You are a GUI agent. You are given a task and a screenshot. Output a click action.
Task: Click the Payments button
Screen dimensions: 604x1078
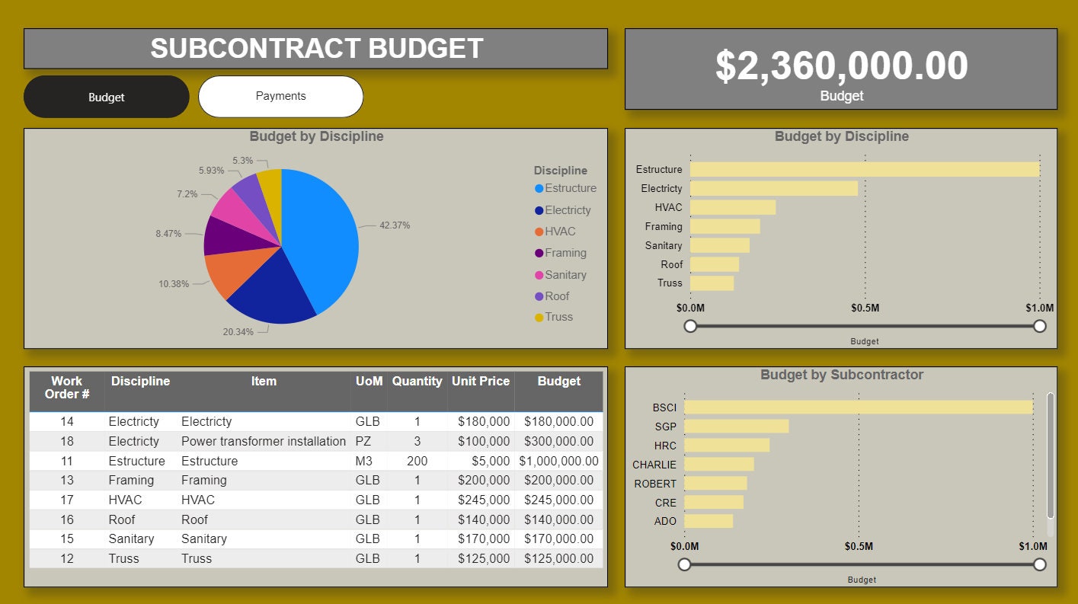pos(280,97)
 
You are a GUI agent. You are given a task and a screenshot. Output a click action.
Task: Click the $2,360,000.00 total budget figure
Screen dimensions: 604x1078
pos(841,66)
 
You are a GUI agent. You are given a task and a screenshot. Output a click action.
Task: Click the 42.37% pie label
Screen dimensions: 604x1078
pos(395,225)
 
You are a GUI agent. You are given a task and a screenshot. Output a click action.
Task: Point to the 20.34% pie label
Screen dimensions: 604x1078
pos(238,332)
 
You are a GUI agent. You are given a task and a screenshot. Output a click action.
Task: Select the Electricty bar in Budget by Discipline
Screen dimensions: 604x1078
pos(773,188)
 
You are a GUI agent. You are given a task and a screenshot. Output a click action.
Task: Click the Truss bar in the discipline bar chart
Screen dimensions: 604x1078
pos(712,283)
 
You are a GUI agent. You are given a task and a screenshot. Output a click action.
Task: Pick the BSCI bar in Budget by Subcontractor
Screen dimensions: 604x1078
pos(858,407)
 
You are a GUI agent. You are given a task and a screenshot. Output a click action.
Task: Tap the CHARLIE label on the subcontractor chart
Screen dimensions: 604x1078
pos(654,465)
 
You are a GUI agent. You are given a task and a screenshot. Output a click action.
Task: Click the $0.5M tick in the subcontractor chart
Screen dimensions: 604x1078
pos(859,546)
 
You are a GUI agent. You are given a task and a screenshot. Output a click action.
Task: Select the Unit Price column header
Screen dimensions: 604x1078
pos(480,382)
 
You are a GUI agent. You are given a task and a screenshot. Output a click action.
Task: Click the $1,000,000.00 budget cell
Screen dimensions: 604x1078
pos(558,461)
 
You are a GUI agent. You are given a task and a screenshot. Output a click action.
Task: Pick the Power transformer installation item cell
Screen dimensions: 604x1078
pos(263,442)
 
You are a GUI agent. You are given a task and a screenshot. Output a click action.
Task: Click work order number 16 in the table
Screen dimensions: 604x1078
pos(67,519)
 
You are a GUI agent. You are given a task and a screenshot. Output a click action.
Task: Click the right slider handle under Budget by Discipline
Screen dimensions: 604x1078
pos(1040,326)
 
